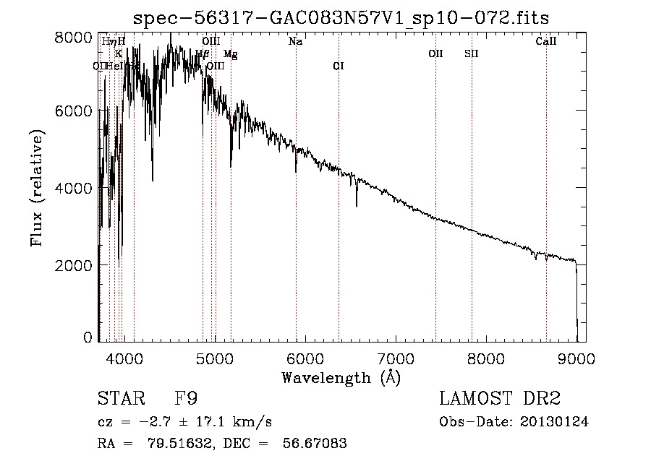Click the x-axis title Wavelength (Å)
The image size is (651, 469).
(x=341, y=377)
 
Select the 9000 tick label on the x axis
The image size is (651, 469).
(x=576, y=357)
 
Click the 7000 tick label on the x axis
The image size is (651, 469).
(x=395, y=357)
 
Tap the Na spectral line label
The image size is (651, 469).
(x=295, y=42)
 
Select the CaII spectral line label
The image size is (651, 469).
(x=546, y=42)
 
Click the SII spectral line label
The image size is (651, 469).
(x=472, y=53)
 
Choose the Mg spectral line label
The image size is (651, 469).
(x=230, y=54)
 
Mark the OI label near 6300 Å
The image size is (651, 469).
(x=338, y=66)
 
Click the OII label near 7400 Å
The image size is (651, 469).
(x=435, y=53)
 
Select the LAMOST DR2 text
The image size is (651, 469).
(x=500, y=399)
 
